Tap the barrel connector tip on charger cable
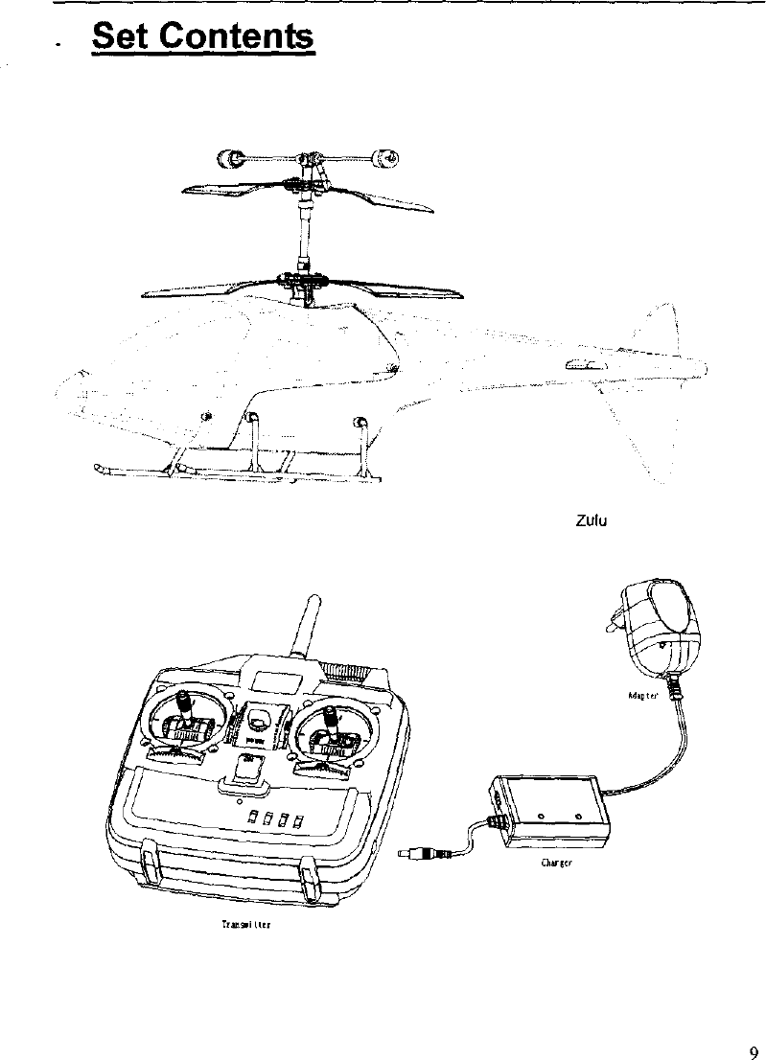[410, 852]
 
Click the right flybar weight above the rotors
[385, 156]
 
